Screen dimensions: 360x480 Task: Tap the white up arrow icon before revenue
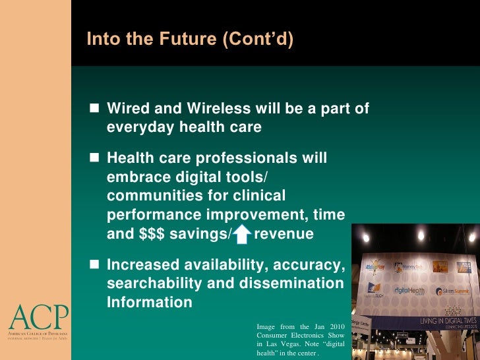(x=243, y=234)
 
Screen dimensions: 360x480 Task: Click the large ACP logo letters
(x=38, y=318)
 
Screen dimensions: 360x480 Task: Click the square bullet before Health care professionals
(x=93, y=158)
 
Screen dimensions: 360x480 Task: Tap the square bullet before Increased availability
(x=93, y=265)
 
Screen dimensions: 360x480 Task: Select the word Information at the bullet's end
(x=150, y=303)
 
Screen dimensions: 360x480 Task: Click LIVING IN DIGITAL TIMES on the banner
(x=448, y=321)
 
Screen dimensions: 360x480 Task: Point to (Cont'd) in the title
(x=257, y=40)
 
